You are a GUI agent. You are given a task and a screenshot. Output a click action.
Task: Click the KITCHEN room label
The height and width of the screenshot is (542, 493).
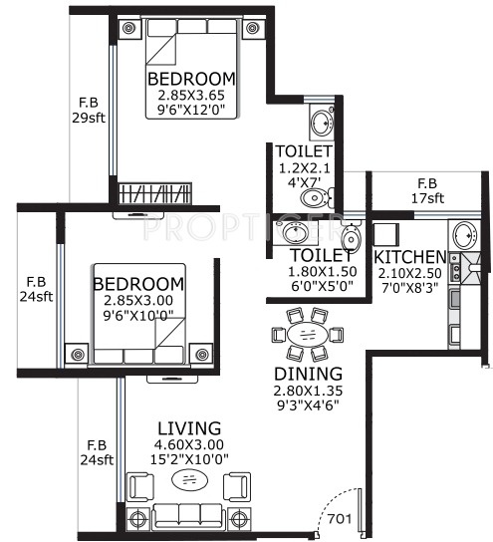[410, 257]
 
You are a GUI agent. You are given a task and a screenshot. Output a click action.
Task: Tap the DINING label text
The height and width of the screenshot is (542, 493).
[308, 374]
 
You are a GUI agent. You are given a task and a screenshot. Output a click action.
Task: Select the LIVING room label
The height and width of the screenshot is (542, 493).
[189, 428]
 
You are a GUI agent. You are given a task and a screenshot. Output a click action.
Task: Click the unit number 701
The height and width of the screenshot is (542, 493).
[340, 519]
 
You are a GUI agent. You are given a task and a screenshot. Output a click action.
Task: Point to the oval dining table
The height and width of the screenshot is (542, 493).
[307, 334]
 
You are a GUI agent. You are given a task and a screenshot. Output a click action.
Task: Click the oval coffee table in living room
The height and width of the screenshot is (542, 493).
[189, 480]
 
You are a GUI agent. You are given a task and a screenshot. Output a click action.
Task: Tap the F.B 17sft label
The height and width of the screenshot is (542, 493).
[427, 190]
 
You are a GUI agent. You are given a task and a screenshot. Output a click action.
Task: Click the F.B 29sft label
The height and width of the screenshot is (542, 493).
[89, 111]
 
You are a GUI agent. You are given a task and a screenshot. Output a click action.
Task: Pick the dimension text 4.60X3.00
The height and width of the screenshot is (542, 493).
[189, 444]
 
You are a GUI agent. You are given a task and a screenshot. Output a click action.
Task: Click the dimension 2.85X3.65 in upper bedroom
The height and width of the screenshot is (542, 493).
[191, 95]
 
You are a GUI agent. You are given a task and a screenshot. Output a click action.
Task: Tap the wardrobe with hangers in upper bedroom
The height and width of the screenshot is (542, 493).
[154, 193]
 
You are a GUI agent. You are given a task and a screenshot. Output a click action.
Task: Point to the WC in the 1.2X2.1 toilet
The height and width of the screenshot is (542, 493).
[317, 198]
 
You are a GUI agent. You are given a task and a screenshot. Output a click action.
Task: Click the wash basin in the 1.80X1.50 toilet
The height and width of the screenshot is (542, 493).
[295, 232]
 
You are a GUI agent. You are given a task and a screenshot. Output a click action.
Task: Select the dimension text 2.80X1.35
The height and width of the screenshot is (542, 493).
[308, 391]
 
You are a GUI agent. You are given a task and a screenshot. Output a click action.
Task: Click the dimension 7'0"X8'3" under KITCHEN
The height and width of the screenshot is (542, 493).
[409, 287]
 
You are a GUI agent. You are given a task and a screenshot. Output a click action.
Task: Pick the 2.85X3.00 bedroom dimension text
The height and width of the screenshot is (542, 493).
[138, 300]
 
